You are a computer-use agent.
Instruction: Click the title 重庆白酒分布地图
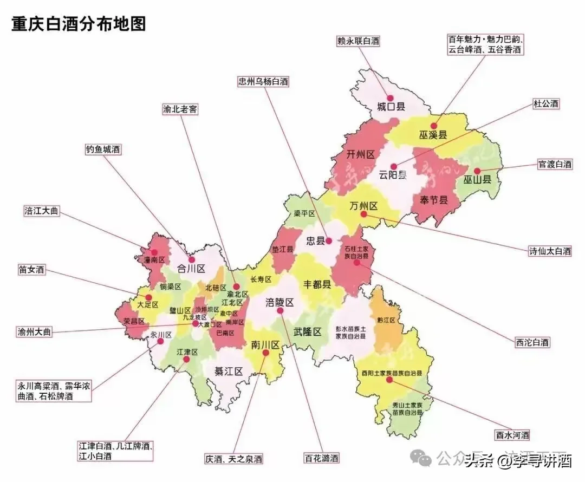[x=79, y=24]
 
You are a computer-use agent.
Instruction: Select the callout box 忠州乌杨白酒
[x=263, y=82]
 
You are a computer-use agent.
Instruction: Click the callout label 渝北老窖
[x=180, y=109]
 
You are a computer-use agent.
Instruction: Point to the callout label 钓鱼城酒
[x=102, y=149]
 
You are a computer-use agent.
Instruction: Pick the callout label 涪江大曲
[x=41, y=211]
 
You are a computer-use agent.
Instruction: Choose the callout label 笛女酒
[x=31, y=269]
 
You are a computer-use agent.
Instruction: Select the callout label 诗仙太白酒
[x=550, y=251]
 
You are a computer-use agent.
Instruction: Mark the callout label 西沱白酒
[x=532, y=342]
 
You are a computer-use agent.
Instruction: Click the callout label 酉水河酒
[x=512, y=435]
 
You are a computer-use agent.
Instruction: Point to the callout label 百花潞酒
[x=321, y=458]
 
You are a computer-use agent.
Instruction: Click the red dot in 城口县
[x=390, y=97]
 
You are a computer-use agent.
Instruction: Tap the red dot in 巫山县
[x=477, y=170]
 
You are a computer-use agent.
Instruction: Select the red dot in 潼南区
[x=154, y=252]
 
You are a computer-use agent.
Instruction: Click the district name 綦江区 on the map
[x=228, y=371]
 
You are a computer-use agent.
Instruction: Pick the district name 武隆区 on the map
[x=308, y=332]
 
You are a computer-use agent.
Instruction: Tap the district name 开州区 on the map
[x=360, y=155]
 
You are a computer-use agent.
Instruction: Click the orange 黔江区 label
[x=386, y=321]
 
